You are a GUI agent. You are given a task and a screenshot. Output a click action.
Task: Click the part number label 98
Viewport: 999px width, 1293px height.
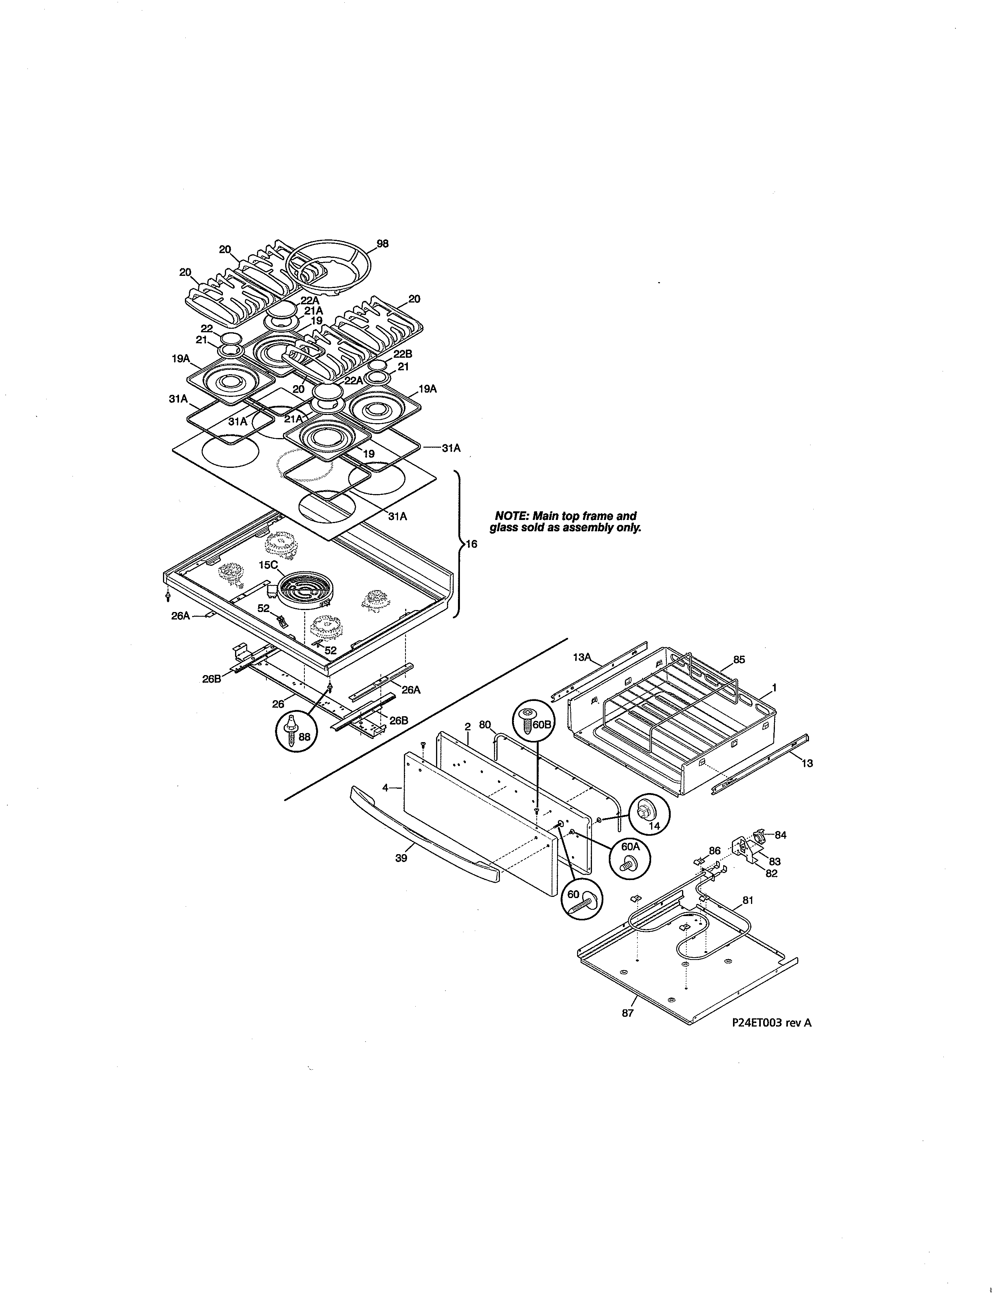point(383,243)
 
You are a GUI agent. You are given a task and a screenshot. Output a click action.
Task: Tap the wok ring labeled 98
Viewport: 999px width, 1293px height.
point(327,267)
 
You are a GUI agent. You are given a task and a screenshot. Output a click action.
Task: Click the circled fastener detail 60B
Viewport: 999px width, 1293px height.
point(536,721)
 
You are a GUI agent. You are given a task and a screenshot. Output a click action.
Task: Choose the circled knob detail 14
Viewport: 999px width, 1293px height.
point(649,815)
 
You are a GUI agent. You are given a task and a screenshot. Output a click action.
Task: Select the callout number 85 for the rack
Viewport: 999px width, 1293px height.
point(738,659)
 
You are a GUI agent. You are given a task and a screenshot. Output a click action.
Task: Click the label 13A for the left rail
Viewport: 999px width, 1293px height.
point(582,657)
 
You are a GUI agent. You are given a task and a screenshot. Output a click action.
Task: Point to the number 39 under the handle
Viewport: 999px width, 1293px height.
point(401,858)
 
